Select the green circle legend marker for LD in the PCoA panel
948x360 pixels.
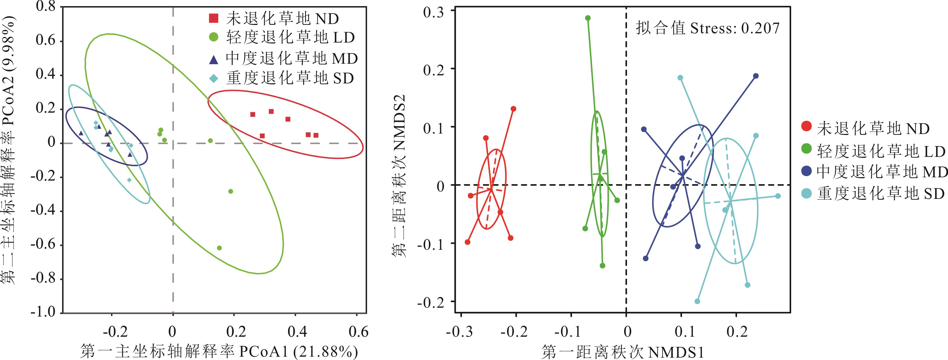pyautogui.click(x=213, y=37)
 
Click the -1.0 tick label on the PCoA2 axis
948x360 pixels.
pyautogui.click(x=43, y=312)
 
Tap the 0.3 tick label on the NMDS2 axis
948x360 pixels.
pyautogui.click(x=433, y=12)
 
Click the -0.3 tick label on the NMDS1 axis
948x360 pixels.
pyautogui.click(x=460, y=332)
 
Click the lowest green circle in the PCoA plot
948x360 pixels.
pyautogui.click(x=219, y=248)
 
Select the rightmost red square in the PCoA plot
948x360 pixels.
pyautogui.click(x=316, y=135)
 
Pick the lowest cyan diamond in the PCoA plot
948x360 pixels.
pyautogui.click(x=129, y=180)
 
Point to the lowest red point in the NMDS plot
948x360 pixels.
pyautogui.click(x=468, y=242)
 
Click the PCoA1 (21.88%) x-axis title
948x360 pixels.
pyautogui.click(x=219, y=351)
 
